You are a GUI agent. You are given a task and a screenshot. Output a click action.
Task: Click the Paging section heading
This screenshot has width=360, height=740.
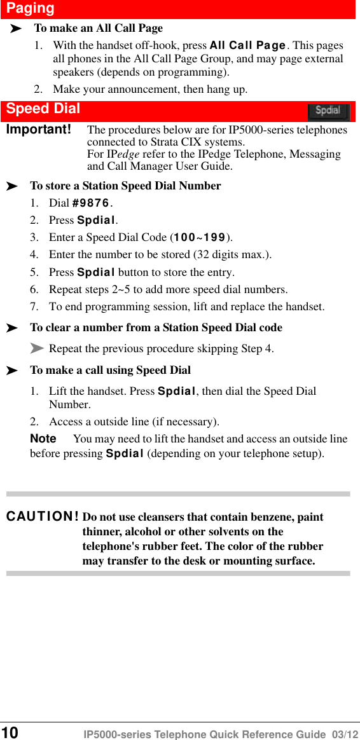31,8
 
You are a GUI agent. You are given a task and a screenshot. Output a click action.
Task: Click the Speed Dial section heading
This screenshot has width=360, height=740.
43,109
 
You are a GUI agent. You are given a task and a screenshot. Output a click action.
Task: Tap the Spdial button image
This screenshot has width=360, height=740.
328,111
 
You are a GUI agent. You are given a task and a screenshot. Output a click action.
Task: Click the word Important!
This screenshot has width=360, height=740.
38,130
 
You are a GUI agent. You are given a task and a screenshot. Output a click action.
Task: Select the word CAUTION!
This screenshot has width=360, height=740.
43,517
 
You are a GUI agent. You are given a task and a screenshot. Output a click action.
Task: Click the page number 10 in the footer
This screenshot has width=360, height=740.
10,732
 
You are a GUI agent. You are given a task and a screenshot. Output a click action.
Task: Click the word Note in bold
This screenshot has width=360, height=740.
43,439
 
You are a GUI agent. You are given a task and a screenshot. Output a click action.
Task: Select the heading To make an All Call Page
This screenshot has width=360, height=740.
99,28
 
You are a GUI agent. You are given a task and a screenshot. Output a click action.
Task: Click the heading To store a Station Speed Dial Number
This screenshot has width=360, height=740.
125,186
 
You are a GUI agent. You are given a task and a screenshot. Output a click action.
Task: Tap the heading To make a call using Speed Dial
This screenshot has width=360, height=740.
110,370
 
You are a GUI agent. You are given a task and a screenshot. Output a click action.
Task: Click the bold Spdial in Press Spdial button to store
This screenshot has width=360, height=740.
96,272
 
